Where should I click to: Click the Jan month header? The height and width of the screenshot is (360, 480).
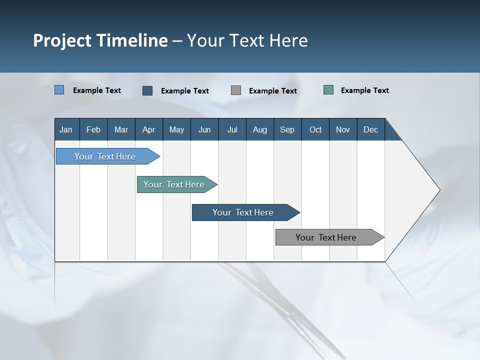66,129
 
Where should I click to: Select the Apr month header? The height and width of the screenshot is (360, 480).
148,129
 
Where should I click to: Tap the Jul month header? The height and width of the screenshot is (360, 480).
232,129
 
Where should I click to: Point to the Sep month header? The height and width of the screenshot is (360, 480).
287,129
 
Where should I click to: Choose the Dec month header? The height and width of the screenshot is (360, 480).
370,129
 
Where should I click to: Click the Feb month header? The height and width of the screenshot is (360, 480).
93,129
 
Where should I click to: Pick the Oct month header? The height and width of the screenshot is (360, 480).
315,129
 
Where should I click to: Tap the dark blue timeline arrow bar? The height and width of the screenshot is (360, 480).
243,212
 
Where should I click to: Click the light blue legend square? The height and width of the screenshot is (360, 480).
59,90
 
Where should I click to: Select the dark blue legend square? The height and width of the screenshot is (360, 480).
147,90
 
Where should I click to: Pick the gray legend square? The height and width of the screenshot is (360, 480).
236,90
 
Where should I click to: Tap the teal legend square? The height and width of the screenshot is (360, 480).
328,90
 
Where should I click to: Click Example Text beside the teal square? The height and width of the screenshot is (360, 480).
364,90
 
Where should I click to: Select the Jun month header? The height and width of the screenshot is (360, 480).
204,129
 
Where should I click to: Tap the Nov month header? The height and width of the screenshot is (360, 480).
343,129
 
